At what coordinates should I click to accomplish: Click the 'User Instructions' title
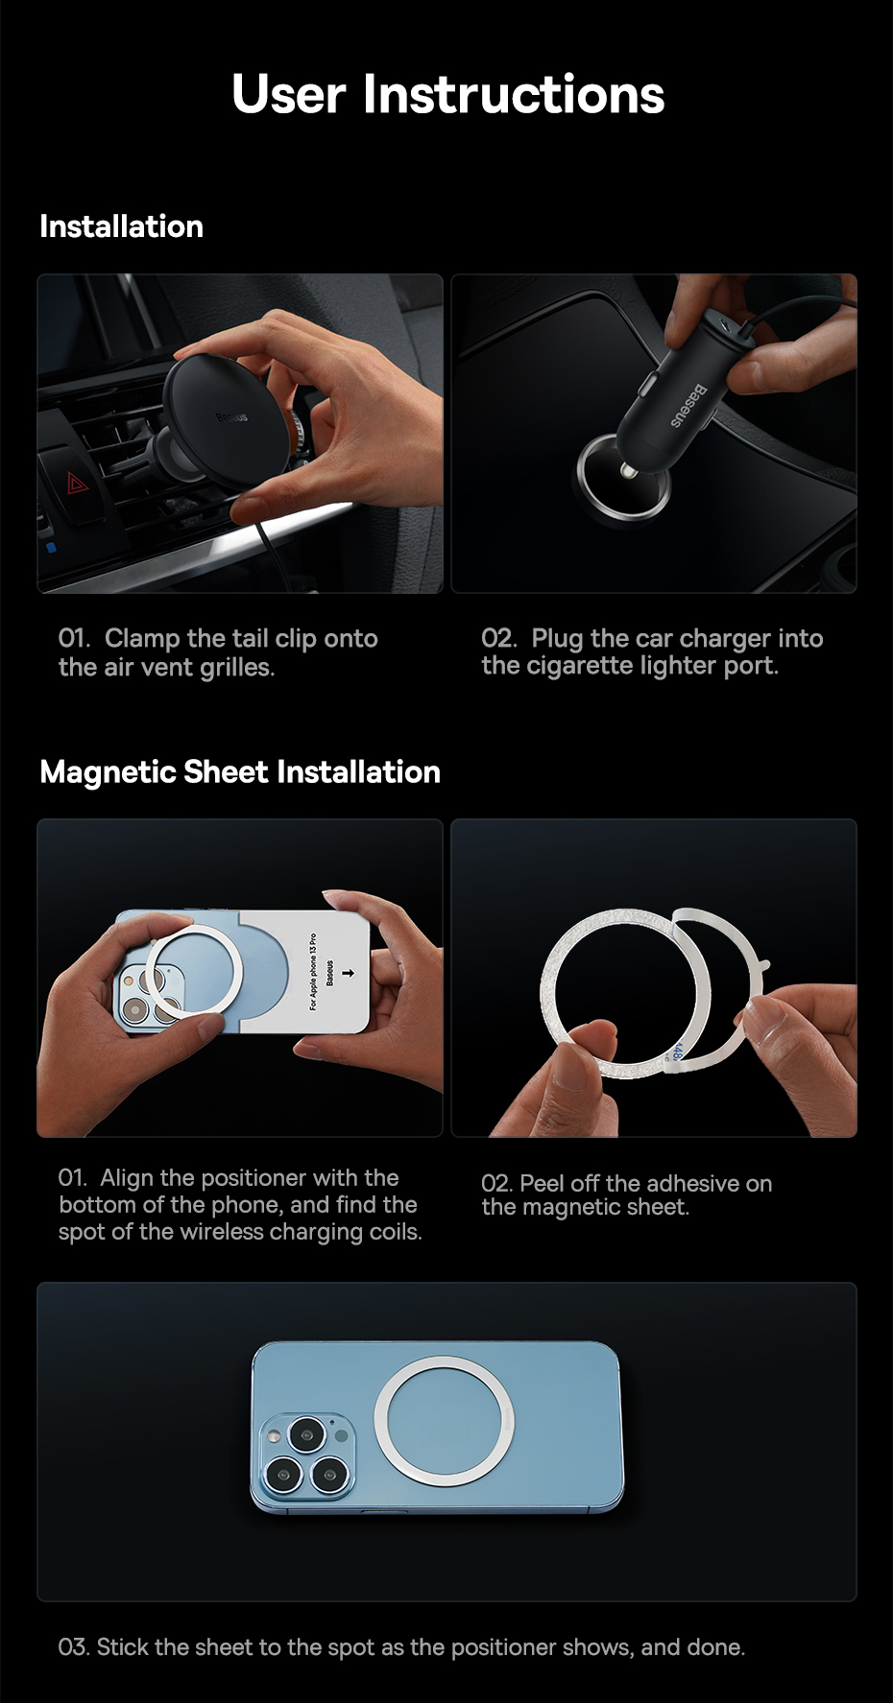pos(447,95)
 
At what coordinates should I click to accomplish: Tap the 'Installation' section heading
pos(121,226)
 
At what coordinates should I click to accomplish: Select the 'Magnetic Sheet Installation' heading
pos(240,772)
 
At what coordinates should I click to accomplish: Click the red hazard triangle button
pos(77,483)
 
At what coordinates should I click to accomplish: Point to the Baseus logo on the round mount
pos(230,417)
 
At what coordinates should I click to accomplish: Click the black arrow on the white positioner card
pos(348,973)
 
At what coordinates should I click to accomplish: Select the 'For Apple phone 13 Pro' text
pos(313,970)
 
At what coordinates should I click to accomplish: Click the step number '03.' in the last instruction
pos(74,1647)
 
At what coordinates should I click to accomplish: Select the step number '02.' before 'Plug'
pos(499,639)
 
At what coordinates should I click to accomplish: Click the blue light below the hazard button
pos(51,548)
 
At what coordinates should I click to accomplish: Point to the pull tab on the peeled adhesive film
pos(763,963)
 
